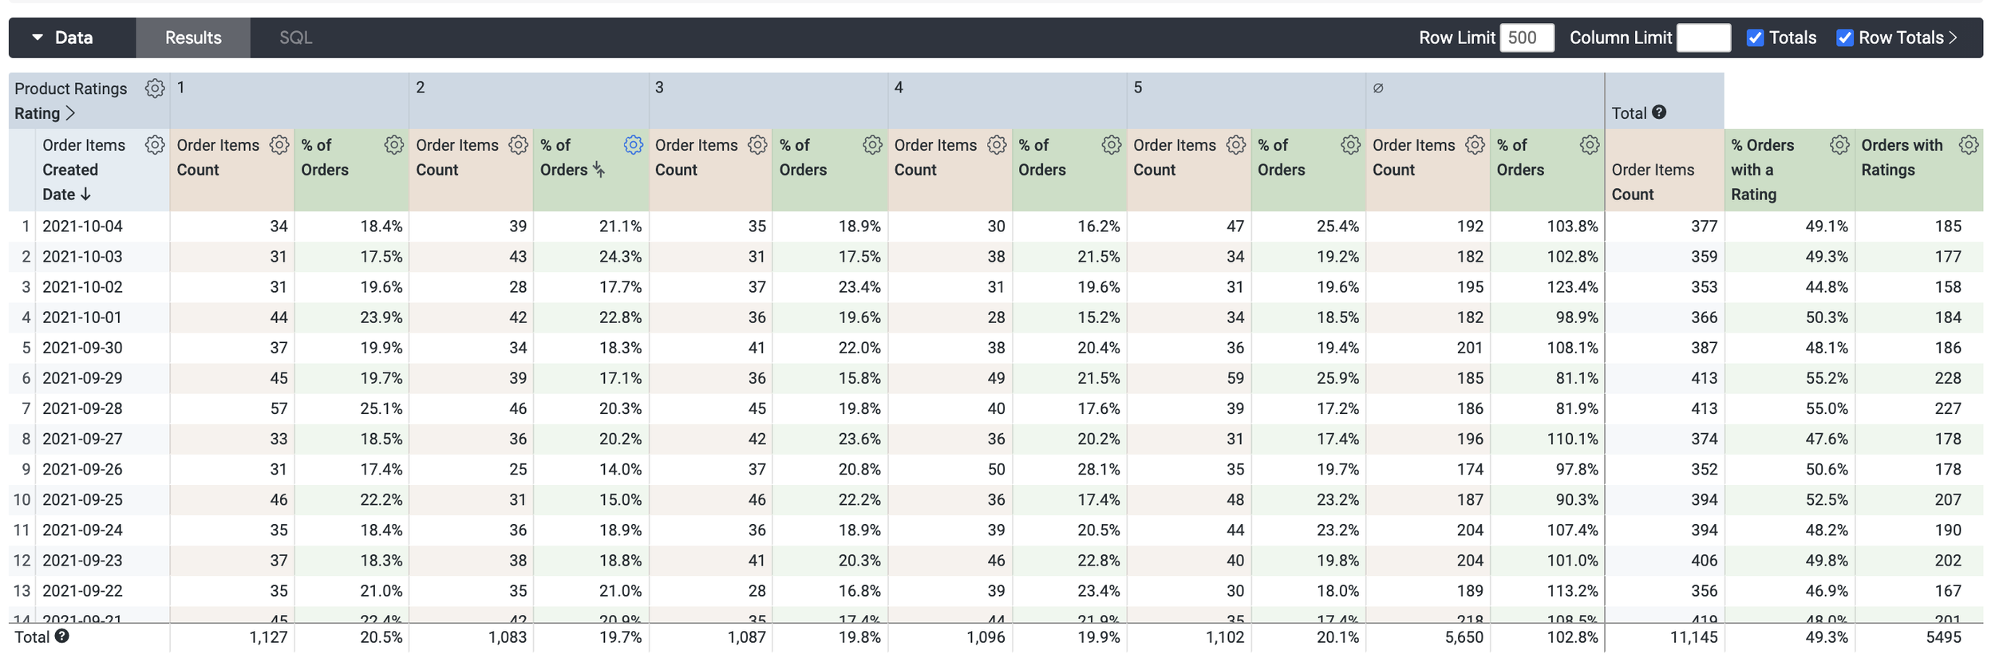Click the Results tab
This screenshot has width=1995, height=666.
192,37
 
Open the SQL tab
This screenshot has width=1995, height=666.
295,37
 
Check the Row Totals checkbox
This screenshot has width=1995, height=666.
1844,37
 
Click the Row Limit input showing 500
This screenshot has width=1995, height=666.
1526,37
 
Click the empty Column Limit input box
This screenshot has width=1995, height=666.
1703,37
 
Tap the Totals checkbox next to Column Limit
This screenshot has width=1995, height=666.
1755,37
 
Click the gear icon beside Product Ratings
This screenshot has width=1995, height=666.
155,88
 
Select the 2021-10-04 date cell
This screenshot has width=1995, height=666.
83,227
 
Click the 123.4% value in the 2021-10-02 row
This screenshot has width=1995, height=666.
1572,287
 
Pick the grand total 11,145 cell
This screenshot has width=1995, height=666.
1693,637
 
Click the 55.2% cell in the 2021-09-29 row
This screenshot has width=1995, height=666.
1827,378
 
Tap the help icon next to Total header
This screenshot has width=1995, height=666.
1659,112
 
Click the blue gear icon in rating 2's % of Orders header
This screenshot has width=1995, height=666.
633,144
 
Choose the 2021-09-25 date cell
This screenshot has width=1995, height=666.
83,500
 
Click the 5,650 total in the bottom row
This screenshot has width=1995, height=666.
1464,637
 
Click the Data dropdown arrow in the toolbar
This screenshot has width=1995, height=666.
38,37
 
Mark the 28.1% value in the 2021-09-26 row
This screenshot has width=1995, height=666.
1098,470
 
